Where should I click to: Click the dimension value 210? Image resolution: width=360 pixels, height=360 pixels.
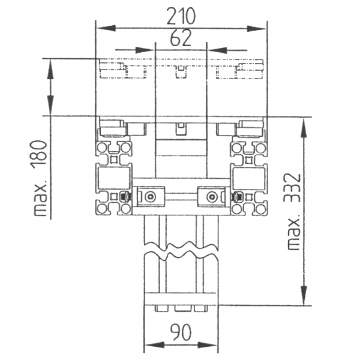pyautogui.click(x=181, y=16)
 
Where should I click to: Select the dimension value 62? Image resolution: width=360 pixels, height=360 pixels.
pyautogui.click(x=181, y=38)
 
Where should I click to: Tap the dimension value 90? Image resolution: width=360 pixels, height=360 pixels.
pyautogui.click(x=181, y=332)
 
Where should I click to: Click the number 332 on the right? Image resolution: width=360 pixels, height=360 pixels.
pyautogui.click(x=292, y=188)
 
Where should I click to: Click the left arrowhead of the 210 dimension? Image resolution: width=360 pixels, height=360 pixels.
pyautogui.click(x=106, y=28)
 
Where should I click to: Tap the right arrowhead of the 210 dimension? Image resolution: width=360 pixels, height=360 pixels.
pyautogui.click(x=256, y=28)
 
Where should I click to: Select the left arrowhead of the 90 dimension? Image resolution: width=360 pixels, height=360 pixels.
pyautogui.click(x=155, y=345)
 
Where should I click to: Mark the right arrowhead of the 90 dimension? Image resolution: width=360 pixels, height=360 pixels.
pyautogui.click(x=207, y=345)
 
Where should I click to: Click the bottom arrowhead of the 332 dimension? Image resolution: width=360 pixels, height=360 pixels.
pyautogui.click(x=304, y=295)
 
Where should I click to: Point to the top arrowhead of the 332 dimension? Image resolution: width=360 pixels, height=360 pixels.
pyautogui.click(x=304, y=128)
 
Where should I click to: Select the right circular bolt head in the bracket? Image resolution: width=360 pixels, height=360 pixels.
pyautogui.click(x=211, y=197)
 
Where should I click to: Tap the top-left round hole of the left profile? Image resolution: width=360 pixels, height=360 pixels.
pyautogui.click(x=101, y=147)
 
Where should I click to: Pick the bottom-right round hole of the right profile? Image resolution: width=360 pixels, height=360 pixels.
pyautogui.click(x=260, y=209)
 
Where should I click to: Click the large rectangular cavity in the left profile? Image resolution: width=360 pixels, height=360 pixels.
pyautogui.click(x=114, y=178)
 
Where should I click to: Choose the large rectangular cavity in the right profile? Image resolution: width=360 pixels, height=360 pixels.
pyautogui.click(x=248, y=178)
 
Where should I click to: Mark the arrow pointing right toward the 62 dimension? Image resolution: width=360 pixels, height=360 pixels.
pyautogui.click(x=134, y=50)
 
